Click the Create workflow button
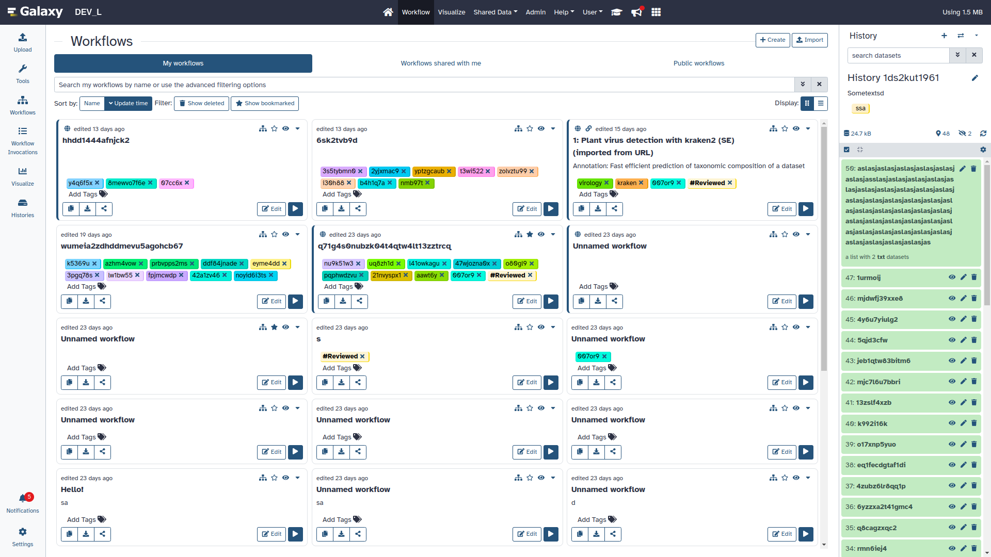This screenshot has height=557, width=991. [772, 40]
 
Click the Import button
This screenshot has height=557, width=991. [809, 40]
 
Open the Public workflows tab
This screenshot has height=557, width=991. [698, 63]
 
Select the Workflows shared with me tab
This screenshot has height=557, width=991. [440, 63]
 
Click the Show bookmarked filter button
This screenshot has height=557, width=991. [265, 104]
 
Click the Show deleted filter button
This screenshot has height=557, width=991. [201, 104]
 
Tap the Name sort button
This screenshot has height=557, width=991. [92, 104]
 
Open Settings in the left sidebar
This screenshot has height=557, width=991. [23, 536]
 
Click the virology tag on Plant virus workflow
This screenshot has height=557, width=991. [590, 183]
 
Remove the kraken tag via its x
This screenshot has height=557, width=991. [641, 183]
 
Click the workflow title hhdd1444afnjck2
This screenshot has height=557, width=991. [96, 140]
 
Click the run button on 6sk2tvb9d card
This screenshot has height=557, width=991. [551, 209]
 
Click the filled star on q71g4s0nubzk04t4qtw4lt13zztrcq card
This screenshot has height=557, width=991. [530, 235]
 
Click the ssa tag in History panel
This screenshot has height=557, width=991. [860, 108]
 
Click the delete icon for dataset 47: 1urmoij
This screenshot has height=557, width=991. [974, 277]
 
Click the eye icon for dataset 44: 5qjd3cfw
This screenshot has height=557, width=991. [952, 340]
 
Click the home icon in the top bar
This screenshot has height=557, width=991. [388, 12]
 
